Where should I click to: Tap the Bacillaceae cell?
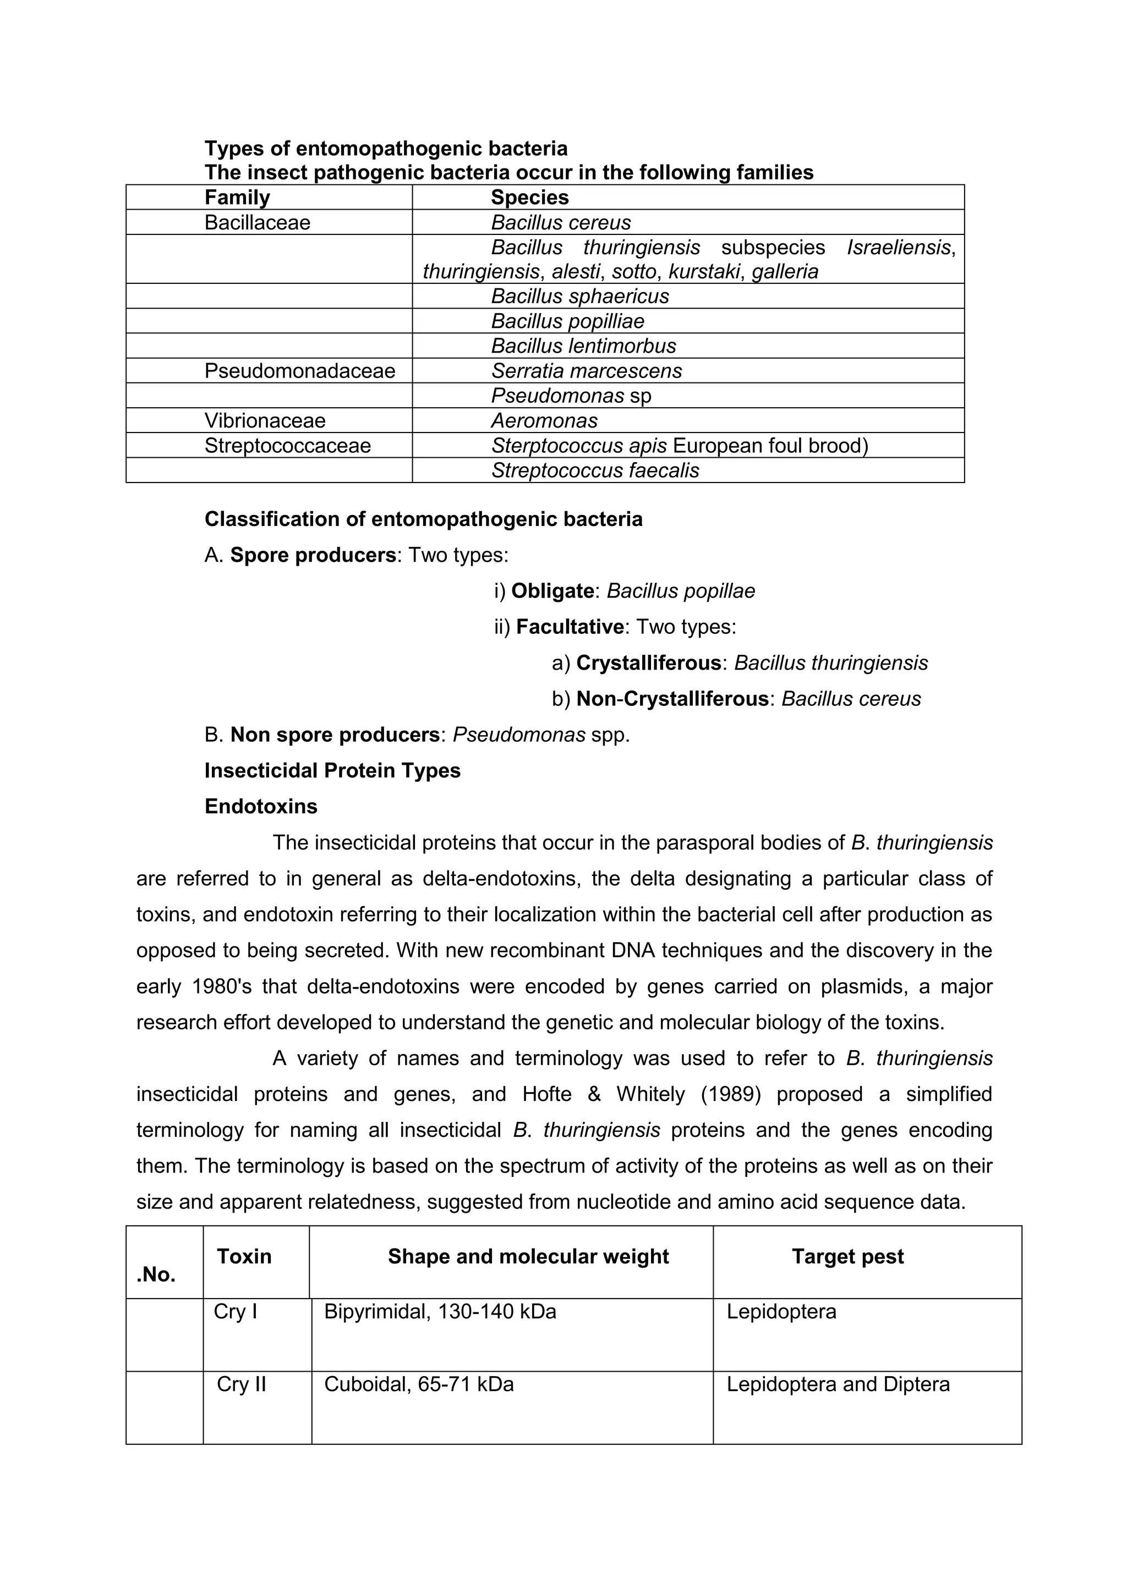point(257,222)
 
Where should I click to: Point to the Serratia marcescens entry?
point(586,371)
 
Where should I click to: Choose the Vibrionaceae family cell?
point(265,421)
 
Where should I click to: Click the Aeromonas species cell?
point(544,421)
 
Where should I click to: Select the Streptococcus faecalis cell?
point(594,470)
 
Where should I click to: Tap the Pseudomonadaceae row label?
point(299,371)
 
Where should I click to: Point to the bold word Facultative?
point(570,627)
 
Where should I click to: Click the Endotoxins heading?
point(260,806)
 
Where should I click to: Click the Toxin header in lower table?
point(244,1256)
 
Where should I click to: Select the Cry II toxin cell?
point(241,1384)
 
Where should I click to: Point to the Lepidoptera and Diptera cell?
point(838,1384)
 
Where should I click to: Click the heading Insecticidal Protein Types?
point(332,771)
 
